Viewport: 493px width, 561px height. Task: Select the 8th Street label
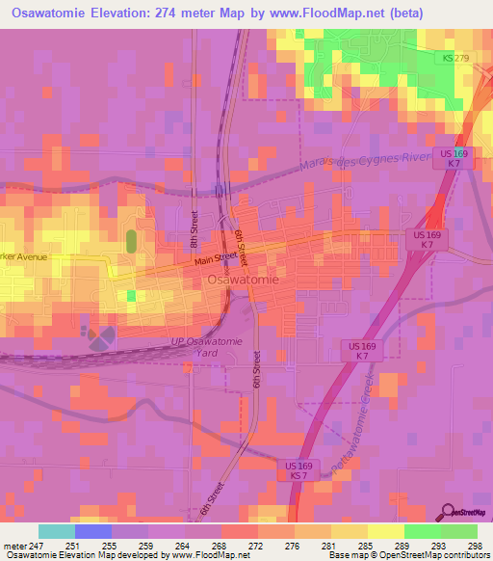click(x=193, y=231)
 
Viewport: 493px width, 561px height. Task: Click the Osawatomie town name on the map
click(x=244, y=280)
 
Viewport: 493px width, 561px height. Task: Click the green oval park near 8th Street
click(x=131, y=240)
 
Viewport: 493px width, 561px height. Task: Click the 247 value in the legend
click(x=39, y=545)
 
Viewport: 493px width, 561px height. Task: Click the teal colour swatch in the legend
click(x=57, y=531)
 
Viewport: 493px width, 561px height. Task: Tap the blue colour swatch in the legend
click(x=93, y=531)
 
